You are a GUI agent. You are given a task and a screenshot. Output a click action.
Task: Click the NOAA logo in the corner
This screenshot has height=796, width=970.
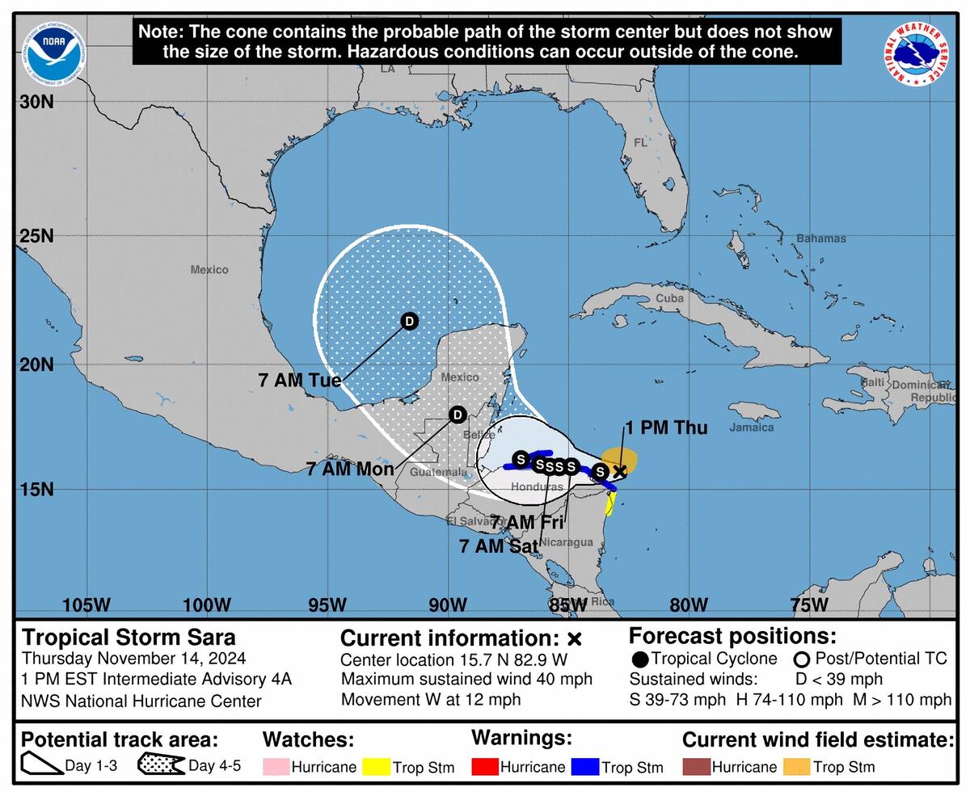coord(53,53)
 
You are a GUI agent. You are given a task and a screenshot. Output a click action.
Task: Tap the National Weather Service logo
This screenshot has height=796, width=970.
coord(916,54)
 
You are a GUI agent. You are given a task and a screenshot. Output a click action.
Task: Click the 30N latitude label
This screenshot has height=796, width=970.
coord(37,103)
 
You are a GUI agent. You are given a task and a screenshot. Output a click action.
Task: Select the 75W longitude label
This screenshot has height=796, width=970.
coord(809,605)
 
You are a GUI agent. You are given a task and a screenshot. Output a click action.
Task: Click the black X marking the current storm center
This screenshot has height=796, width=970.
coord(619,471)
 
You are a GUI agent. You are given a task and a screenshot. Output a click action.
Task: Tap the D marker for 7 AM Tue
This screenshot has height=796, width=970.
coord(410,322)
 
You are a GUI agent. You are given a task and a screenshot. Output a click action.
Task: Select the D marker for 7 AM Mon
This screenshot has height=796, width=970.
coord(458,415)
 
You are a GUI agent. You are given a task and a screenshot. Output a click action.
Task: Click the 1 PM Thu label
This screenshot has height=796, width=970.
coord(665,428)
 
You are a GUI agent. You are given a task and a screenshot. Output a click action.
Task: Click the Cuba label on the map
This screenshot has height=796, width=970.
coord(669,297)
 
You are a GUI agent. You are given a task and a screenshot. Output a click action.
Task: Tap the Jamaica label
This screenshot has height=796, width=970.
coord(751,427)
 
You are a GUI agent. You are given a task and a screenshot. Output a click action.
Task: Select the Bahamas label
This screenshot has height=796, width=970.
coord(821,238)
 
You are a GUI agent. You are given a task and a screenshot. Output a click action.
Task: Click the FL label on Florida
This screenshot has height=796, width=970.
coord(640,143)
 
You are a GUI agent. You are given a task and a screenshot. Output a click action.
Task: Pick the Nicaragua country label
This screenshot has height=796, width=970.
coord(566,542)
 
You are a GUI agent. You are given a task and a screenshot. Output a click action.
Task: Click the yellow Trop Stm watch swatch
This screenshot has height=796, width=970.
coord(376,767)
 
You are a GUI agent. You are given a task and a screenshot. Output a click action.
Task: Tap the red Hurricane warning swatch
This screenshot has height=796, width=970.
coord(485,767)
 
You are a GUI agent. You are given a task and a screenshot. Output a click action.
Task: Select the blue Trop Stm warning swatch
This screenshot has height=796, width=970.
coord(585,767)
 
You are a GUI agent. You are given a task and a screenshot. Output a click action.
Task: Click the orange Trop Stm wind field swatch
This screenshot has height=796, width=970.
coord(797,767)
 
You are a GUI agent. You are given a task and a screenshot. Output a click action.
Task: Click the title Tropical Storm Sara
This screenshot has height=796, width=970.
coord(129,637)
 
